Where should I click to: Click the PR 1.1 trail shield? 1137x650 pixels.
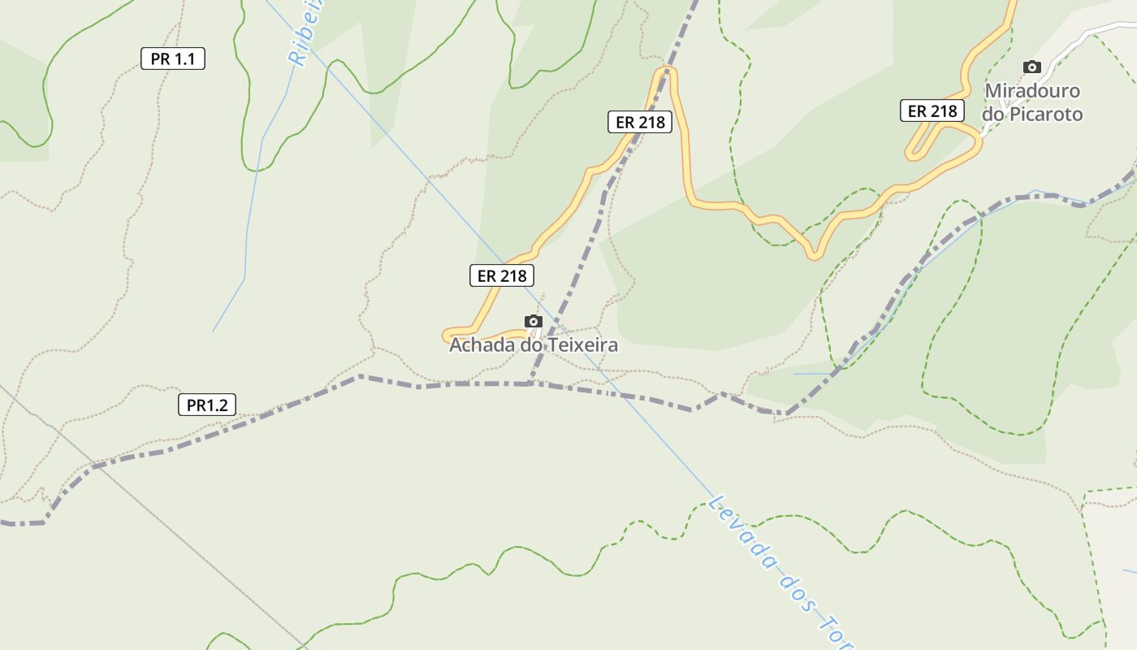pyautogui.click(x=173, y=58)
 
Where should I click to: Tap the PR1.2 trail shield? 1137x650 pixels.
pyautogui.click(x=207, y=405)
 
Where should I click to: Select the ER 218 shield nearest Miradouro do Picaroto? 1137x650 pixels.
pyautogui.click(x=932, y=110)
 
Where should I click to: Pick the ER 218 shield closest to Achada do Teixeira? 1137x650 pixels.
pyautogui.click(x=502, y=275)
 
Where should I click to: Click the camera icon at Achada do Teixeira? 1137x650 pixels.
pyautogui.click(x=533, y=321)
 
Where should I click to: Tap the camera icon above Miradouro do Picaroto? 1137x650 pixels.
pyautogui.click(x=1031, y=67)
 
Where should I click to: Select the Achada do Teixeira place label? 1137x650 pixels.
pyautogui.click(x=534, y=344)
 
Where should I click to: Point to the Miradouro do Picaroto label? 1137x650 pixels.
pyautogui.click(x=1032, y=102)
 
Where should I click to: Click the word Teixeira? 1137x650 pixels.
pyautogui.click(x=583, y=344)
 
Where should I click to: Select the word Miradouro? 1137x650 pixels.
pyautogui.click(x=1032, y=90)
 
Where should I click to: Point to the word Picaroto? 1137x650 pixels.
pyautogui.click(x=1044, y=115)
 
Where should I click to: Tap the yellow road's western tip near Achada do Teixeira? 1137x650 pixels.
pyautogui.click(x=446, y=335)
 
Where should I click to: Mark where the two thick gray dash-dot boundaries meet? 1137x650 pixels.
pyautogui.click(x=530, y=383)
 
